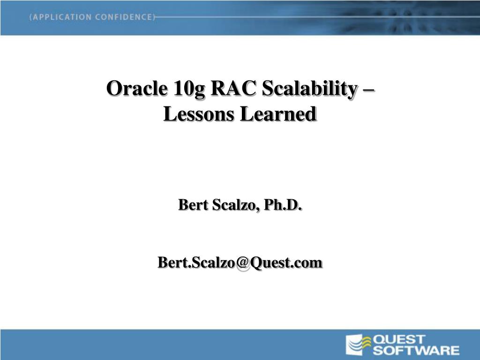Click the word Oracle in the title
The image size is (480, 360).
(x=137, y=88)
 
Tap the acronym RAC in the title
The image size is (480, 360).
(x=233, y=88)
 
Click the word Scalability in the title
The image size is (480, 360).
(x=309, y=89)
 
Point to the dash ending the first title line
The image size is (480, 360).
(x=368, y=90)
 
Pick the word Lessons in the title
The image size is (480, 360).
(x=199, y=114)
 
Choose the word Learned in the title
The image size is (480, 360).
(x=278, y=114)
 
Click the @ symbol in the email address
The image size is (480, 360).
(x=243, y=263)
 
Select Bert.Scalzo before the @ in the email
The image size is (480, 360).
(x=196, y=262)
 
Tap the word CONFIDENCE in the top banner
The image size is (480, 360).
(x=123, y=17)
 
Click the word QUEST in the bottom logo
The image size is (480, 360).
(x=399, y=339)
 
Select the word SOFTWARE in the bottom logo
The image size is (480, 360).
(x=416, y=350)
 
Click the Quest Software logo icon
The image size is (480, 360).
(x=358, y=345)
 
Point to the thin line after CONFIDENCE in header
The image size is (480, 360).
(x=317, y=17)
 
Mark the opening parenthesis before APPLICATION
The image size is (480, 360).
(x=30, y=17)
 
